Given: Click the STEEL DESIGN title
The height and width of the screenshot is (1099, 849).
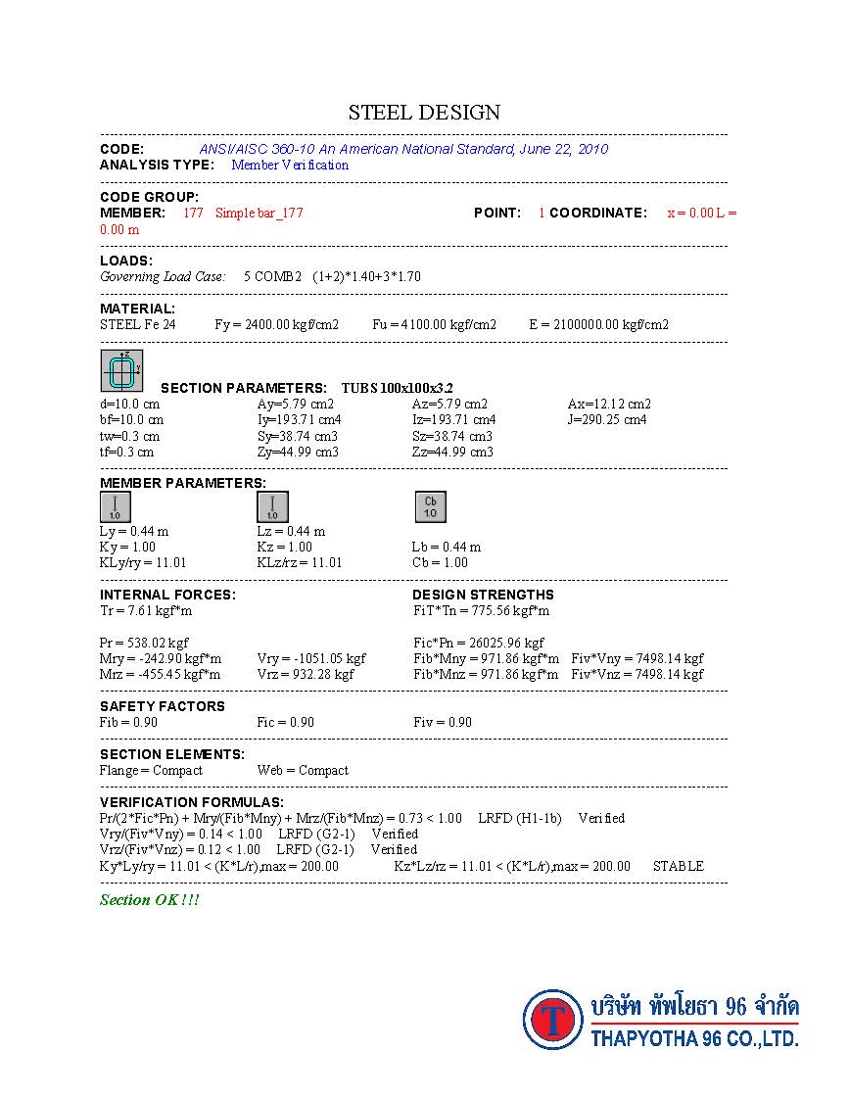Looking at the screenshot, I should point(424,113).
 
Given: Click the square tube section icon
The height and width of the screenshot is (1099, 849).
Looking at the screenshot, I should point(122,371).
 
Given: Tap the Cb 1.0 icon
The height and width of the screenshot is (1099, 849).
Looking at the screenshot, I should point(430,507).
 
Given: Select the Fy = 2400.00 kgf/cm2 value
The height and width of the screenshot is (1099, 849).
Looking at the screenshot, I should point(277,324).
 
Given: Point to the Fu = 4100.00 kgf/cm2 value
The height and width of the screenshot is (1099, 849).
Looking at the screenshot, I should point(434,324).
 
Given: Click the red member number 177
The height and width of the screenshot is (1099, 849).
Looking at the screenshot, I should point(193,213).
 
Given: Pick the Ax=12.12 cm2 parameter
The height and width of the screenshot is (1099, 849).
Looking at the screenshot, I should point(609,404).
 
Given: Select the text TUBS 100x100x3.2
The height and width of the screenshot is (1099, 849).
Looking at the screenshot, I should point(397,388).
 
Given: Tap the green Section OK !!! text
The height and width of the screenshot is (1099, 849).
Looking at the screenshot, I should point(149,899).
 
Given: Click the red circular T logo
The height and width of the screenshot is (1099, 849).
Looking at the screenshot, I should point(553,1020).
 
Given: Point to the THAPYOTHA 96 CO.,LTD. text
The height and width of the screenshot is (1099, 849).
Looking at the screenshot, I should point(694,1038).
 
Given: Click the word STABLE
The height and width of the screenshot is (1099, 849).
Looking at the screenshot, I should point(678,866).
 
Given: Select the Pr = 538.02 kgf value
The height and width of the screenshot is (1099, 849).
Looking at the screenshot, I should point(144,643).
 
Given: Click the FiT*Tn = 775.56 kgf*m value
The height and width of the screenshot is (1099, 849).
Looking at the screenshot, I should point(481,611).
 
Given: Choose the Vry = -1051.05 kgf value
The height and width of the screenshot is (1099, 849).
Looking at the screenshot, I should point(311,658).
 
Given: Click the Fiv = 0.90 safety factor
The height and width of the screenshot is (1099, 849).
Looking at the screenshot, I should point(443,722).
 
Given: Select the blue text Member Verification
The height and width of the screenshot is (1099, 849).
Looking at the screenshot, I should point(290,165).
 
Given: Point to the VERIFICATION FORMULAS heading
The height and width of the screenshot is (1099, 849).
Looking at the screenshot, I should point(192,802).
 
